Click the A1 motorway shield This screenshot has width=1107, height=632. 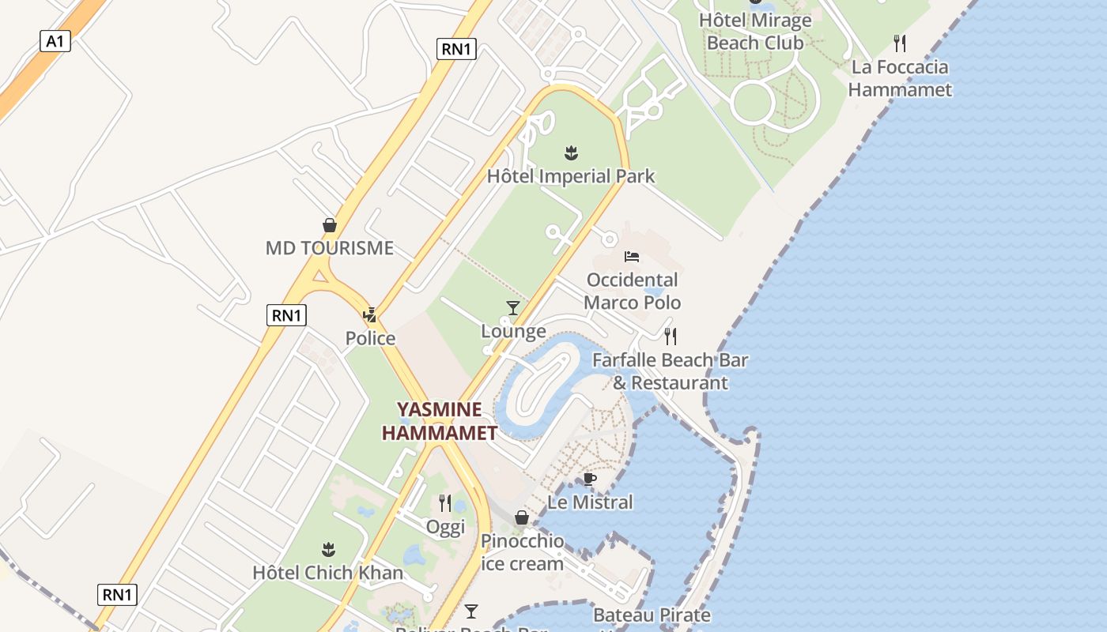(x=55, y=41)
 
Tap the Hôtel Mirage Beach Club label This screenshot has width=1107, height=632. (x=754, y=32)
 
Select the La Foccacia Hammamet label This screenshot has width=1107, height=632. (x=900, y=78)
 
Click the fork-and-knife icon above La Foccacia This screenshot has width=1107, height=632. (x=900, y=43)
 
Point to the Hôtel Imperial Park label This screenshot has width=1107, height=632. (x=571, y=175)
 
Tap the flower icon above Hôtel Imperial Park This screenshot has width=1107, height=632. (x=571, y=152)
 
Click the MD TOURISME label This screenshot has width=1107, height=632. (x=329, y=248)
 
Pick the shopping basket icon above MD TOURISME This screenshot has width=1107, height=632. (x=329, y=226)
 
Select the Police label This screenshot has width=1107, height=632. (x=370, y=338)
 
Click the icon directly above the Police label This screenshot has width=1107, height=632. (x=369, y=315)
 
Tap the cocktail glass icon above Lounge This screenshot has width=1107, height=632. (x=513, y=308)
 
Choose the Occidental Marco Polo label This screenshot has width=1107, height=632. (x=632, y=291)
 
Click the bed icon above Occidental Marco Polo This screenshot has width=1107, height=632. (x=632, y=257)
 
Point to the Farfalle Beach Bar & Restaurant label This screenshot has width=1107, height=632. (x=671, y=371)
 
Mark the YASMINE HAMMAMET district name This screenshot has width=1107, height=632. (x=440, y=421)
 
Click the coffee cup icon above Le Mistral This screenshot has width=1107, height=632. (x=590, y=479)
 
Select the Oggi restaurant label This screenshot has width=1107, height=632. (x=445, y=527)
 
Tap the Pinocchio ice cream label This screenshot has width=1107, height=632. (x=522, y=552)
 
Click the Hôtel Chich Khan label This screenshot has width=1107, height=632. (x=327, y=573)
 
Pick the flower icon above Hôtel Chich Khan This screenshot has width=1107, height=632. (x=328, y=550)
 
